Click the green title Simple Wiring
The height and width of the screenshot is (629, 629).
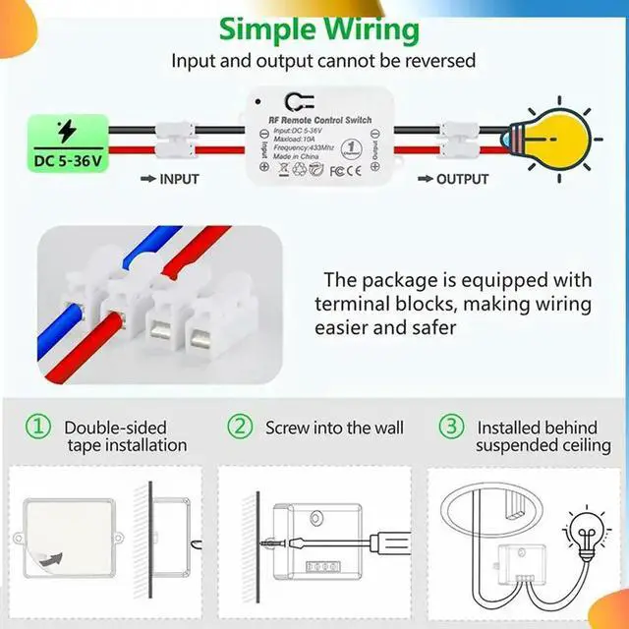pos(319,28)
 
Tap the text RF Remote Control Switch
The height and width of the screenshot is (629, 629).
pos(320,120)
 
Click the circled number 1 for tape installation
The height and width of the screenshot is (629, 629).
pos(37,428)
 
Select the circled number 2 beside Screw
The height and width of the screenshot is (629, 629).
pos(240,428)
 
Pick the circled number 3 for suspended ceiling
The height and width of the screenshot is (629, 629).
pos(450,428)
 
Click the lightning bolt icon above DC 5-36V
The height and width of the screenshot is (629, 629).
pos(66,131)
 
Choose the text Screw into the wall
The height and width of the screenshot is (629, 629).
pos(334,428)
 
